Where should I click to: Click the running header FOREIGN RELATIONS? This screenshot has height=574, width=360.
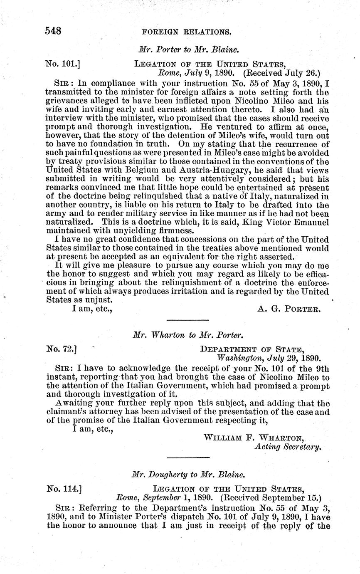tap(186, 32)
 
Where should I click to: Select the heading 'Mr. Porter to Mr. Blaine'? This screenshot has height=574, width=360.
tap(187, 49)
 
